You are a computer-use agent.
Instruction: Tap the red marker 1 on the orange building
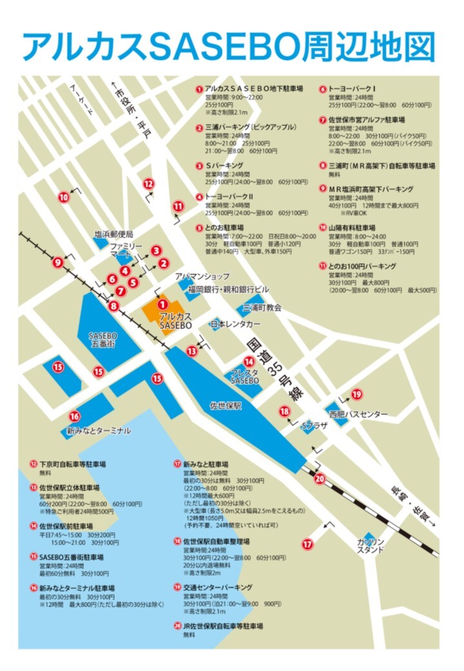[x=163, y=304]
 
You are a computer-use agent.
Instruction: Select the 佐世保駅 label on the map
[x=226, y=406]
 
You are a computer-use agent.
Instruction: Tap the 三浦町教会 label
[x=262, y=308]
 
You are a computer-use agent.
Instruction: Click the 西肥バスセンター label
[x=358, y=414]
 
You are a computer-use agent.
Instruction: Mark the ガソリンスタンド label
[x=371, y=545]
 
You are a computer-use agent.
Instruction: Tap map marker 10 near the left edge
[x=63, y=197]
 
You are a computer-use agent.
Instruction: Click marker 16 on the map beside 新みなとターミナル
[x=75, y=416]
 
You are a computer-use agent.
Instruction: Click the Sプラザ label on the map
[x=315, y=426]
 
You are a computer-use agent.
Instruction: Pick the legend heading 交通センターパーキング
[x=217, y=587]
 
